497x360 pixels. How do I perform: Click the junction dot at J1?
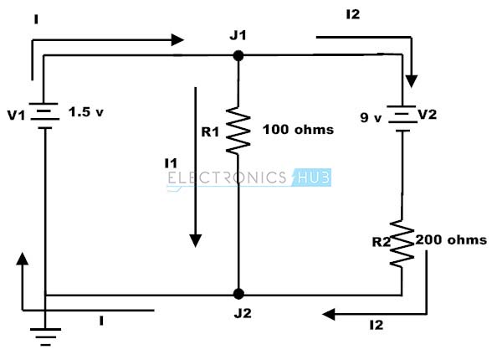(238, 56)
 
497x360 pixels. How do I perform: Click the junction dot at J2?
(238, 294)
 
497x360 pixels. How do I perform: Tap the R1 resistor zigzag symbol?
(238, 131)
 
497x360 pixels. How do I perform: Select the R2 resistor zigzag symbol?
(402, 244)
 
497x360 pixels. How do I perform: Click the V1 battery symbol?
(44, 116)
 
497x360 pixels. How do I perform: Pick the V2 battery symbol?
(402, 118)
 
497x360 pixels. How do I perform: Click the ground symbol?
(46, 337)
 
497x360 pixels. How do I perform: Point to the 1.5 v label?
(86, 112)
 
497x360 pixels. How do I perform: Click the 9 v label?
(371, 118)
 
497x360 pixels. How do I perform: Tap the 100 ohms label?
(298, 130)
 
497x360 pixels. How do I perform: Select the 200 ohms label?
(451, 239)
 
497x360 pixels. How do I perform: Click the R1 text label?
(210, 132)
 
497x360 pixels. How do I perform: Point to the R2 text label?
(382, 242)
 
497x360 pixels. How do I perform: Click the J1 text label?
(238, 35)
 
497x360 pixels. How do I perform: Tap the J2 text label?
(243, 313)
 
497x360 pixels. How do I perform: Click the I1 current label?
(171, 163)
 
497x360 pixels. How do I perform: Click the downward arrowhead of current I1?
(195, 240)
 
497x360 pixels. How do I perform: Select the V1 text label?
(16, 116)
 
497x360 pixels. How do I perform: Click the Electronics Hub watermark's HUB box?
(312, 177)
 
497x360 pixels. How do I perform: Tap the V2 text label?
(428, 114)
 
